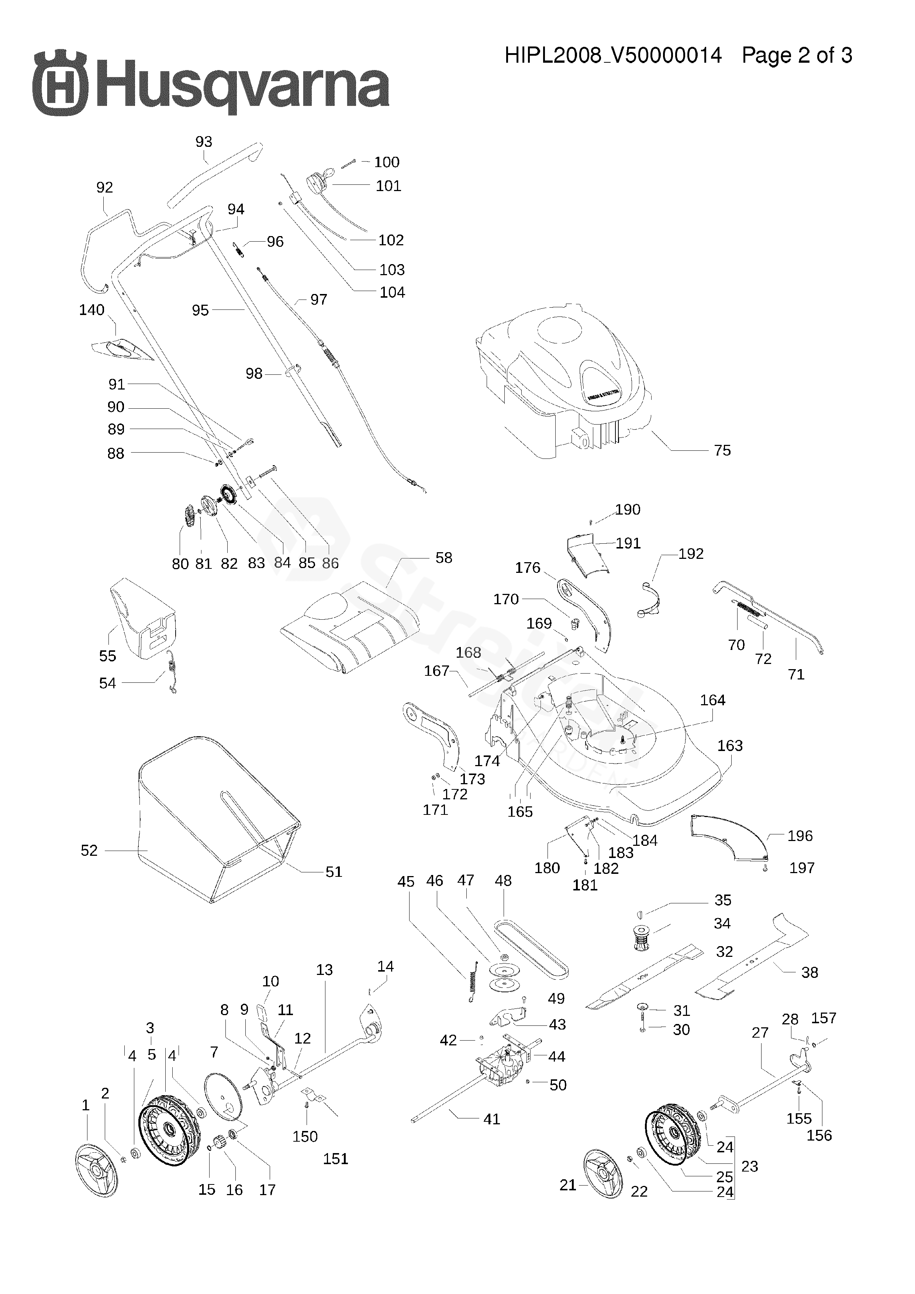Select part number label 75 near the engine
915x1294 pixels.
tap(722, 450)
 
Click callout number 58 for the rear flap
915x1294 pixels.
tap(444, 558)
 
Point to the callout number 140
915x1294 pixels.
tap(92, 310)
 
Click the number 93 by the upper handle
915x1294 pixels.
tap(204, 142)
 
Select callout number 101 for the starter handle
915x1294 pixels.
tap(389, 186)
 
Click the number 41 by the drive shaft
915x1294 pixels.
tap(491, 1119)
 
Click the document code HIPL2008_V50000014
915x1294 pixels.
tap(613, 55)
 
